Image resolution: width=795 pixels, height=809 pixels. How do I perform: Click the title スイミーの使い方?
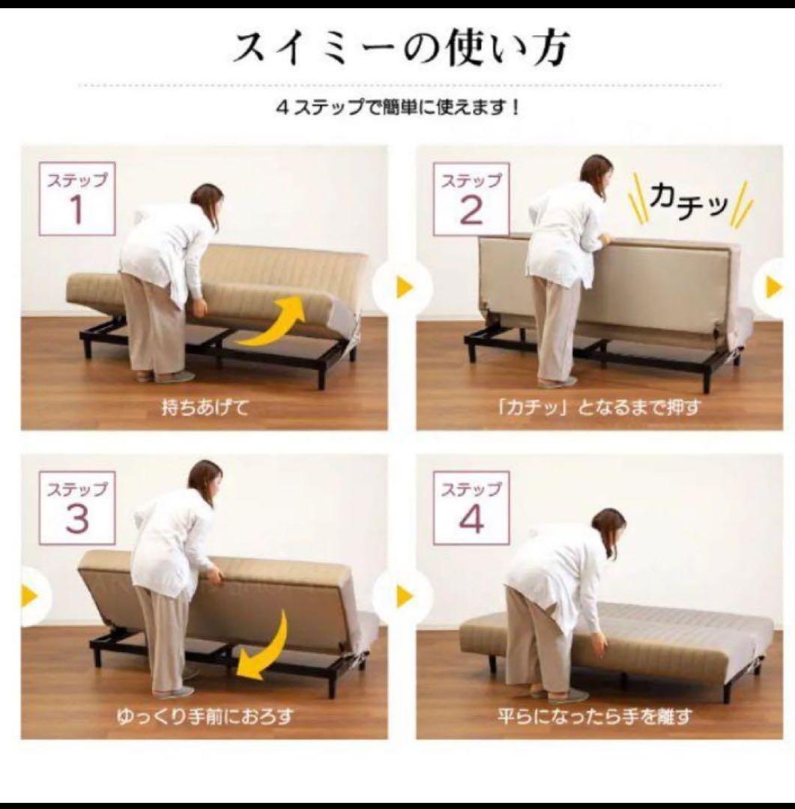click(401, 48)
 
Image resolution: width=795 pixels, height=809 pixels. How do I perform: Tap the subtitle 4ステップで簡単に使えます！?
click(397, 108)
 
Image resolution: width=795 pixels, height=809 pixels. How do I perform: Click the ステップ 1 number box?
click(77, 199)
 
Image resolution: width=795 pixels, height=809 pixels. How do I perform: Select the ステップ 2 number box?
click(471, 199)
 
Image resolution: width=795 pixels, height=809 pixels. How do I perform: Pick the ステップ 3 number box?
click(77, 508)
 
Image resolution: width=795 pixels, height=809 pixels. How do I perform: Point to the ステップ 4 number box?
click(471, 508)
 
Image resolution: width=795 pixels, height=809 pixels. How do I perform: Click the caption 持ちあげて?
click(205, 408)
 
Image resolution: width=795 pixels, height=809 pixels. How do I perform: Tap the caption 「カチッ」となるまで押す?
click(599, 408)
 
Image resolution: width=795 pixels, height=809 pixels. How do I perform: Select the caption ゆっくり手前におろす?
click(205, 717)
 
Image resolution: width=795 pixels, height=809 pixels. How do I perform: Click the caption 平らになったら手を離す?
click(594, 717)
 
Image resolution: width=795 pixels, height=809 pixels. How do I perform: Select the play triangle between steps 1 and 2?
click(404, 287)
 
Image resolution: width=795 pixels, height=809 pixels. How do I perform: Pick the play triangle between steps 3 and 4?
click(404, 596)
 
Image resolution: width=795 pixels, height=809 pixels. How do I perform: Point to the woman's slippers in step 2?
click(557, 382)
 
